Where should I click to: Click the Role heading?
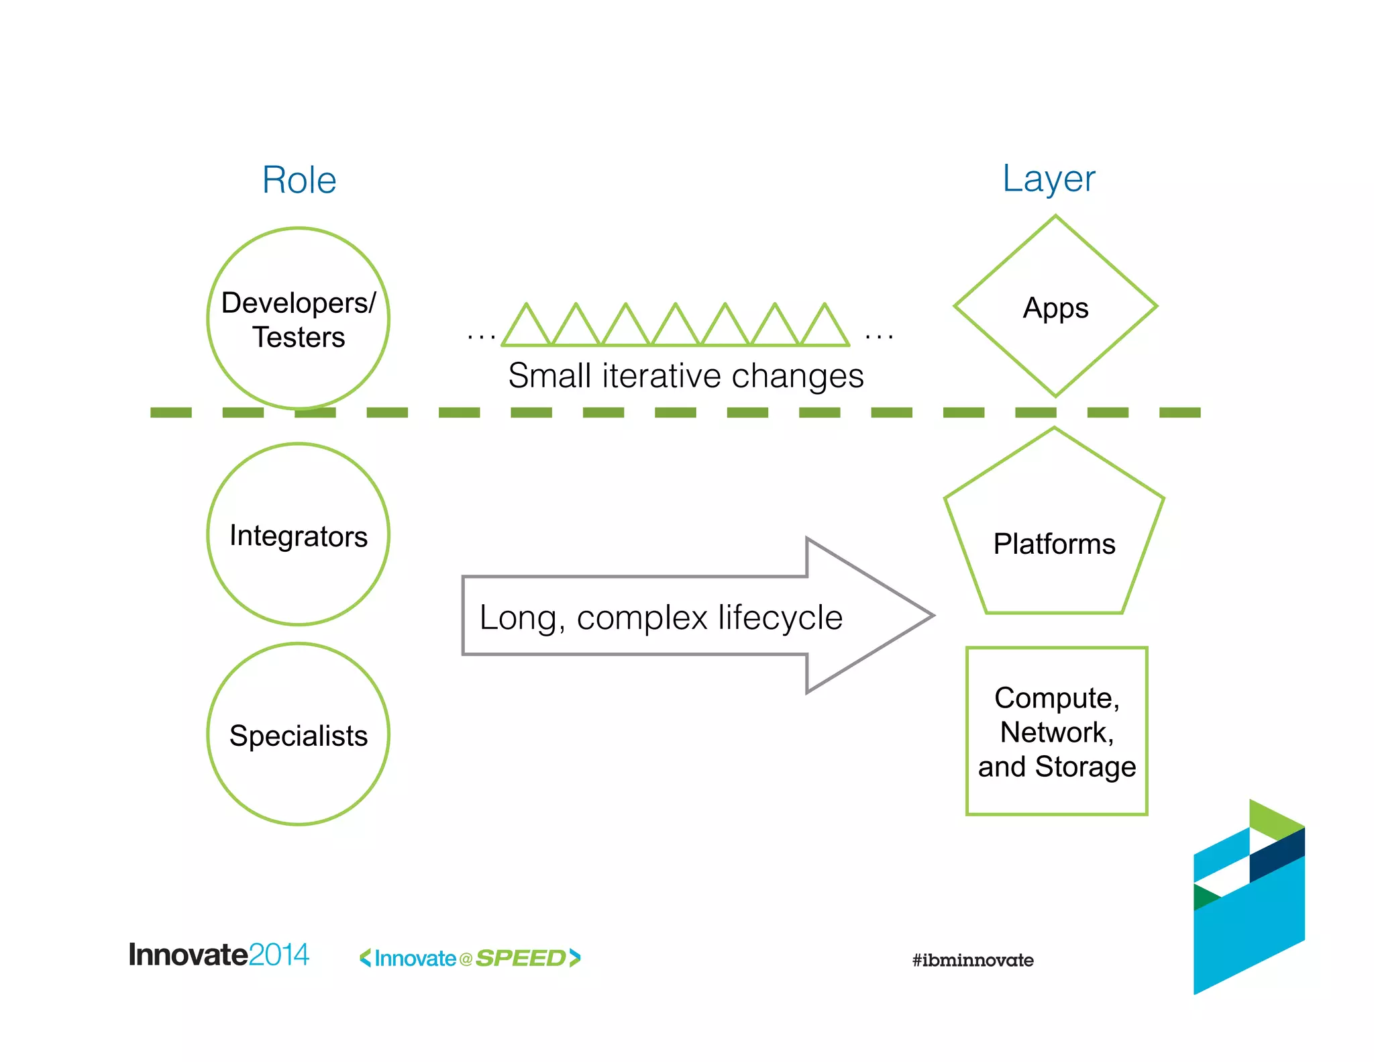click(299, 180)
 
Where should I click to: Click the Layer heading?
click(1048, 179)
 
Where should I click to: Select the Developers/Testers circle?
click(299, 319)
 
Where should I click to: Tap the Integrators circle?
click(299, 535)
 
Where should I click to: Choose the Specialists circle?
click(299, 734)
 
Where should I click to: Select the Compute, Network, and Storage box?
click(1057, 731)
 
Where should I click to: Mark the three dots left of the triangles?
click(482, 336)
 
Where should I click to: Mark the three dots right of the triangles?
click(879, 336)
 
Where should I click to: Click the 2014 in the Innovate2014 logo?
click(278, 955)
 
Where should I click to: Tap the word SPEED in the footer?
click(521, 958)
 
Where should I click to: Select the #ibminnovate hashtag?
click(973, 960)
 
